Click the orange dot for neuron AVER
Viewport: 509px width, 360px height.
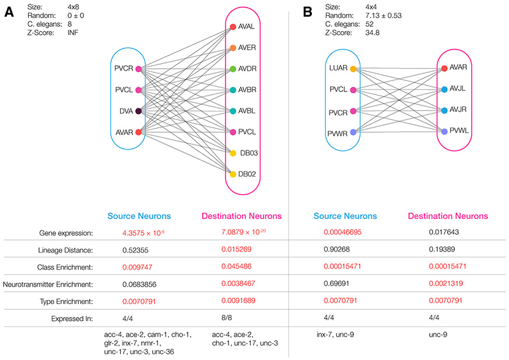233,48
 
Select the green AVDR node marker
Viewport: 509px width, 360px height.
233,69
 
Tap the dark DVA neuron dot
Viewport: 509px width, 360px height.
138,111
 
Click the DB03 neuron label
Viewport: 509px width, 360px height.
249,153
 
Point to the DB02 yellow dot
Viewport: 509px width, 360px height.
233,174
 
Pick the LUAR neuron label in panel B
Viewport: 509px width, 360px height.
338,69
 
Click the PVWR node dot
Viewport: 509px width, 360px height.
353,132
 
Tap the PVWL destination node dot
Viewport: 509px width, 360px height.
445,132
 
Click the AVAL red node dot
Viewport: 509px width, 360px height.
233,27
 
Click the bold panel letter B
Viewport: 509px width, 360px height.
309,13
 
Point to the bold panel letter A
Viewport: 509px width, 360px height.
9,13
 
